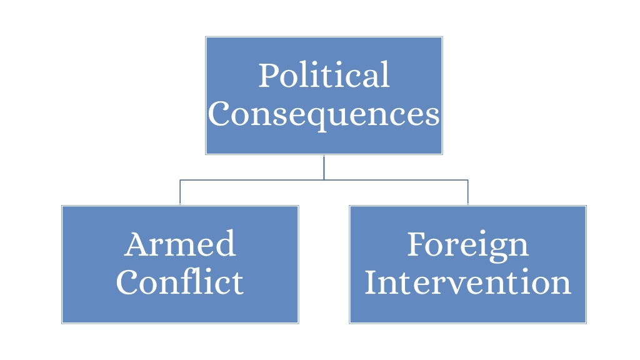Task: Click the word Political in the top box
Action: click(324, 76)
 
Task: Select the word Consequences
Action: click(324, 115)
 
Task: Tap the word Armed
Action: click(180, 244)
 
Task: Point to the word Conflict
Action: click(180, 282)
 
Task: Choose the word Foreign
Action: click(467, 245)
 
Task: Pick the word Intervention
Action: click(467, 282)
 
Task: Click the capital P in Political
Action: click(268, 76)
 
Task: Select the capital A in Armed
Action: click(136, 244)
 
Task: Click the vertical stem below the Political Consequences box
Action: click(324, 167)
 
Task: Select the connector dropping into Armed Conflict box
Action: click(180, 192)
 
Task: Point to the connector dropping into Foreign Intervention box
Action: click(467, 192)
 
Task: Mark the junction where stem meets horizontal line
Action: click(324, 180)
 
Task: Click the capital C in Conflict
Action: click(128, 282)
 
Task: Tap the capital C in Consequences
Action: click(221, 115)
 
